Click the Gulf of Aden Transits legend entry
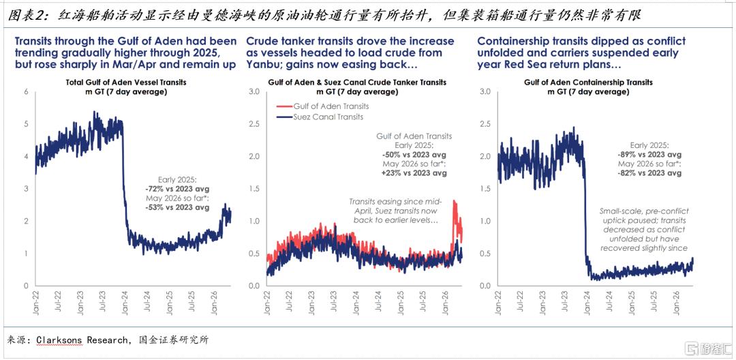click(x=324, y=106)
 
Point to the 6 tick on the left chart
click(x=27, y=91)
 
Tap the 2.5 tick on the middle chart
click(x=254, y=124)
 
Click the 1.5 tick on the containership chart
click(x=486, y=189)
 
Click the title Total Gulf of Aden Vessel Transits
click(x=125, y=82)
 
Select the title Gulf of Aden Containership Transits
click(x=588, y=82)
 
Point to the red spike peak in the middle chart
click(x=454, y=201)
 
